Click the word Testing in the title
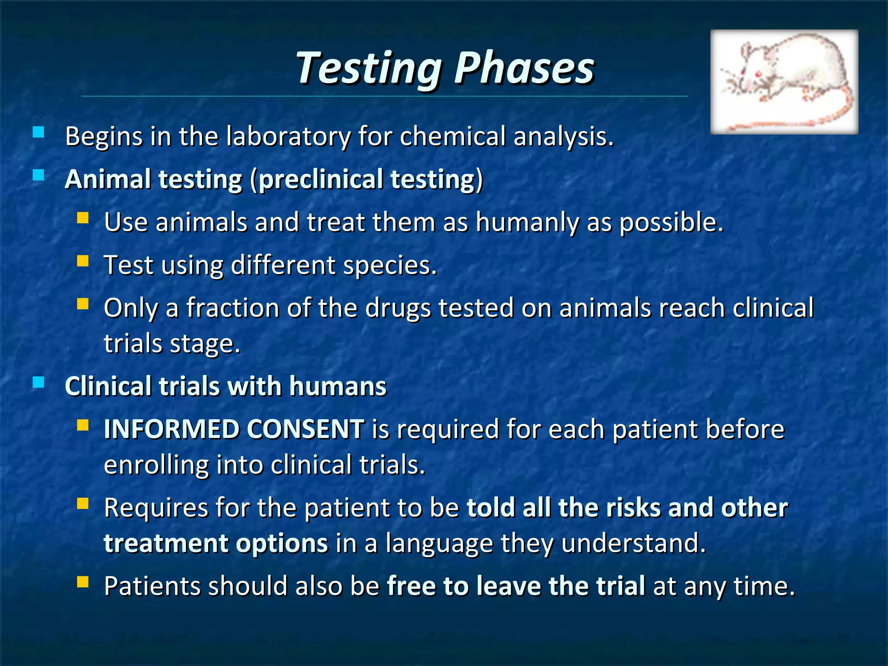[369, 68]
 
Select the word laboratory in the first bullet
[288, 137]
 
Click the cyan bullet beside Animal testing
[39, 175]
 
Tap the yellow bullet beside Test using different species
[83, 261]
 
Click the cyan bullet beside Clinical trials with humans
[39, 382]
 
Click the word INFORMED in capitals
[171, 429]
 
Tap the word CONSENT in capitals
[305, 429]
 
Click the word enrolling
[157, 465]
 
